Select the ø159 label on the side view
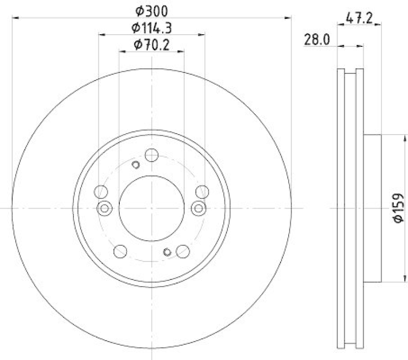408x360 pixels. pos(398,208)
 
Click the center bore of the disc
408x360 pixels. pos(151,208)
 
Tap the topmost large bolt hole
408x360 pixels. pos(151,155)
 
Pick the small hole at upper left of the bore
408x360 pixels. pos(136,164)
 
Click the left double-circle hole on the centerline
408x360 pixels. pos(105,208)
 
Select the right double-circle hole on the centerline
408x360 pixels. pos(198,208)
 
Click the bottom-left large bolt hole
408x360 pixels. pos(120,250)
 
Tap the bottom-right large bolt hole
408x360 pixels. pos(183,250)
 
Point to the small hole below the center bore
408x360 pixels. pos(167,251)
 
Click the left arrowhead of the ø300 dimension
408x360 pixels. pos(14,18)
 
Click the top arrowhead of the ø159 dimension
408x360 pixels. pos(406,137)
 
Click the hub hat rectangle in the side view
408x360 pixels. pos(372,208)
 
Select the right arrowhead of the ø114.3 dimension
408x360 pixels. pos(202,35)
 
